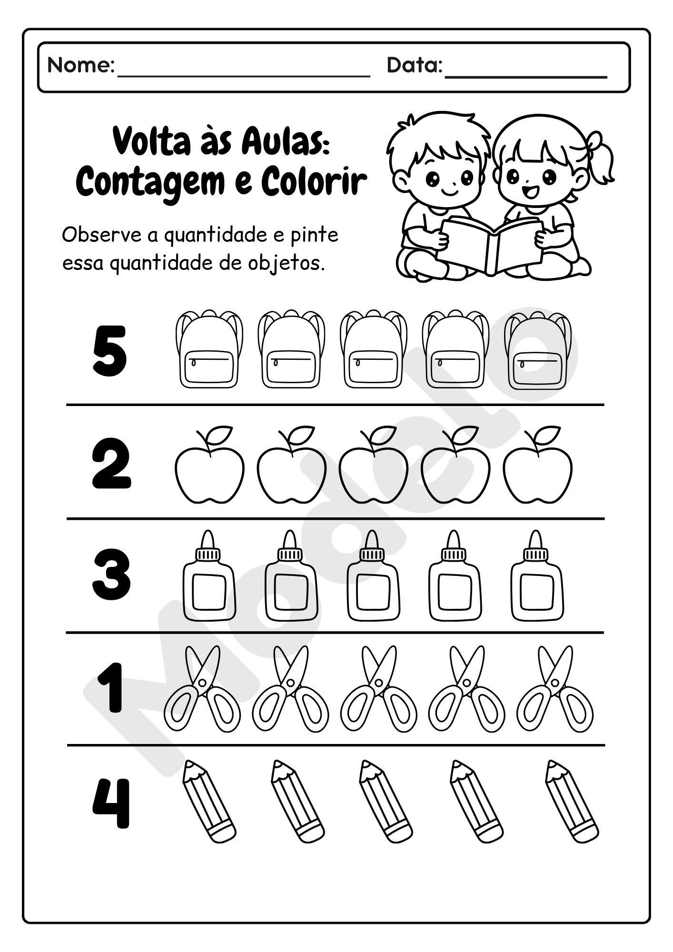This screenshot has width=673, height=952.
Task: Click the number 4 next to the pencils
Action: (110, 803)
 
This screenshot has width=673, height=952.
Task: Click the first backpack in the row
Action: (209, 350)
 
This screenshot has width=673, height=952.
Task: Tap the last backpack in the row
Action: (538, 350)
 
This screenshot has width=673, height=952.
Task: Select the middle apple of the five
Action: (374, 474)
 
